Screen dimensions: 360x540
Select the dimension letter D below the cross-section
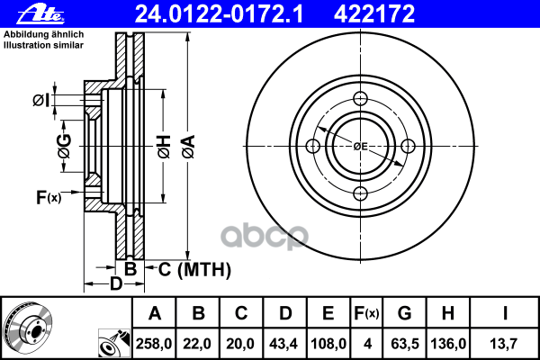tap(115, 285)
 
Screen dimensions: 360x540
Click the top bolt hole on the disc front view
tap(360, 99)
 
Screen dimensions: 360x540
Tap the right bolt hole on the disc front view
tap(407, 146)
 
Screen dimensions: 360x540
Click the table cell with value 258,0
tap(156, 343)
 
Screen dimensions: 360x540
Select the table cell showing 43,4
tap(285, 343)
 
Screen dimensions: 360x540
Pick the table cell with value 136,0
tap(447, 343)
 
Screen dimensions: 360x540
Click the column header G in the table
tap(404, 314)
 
